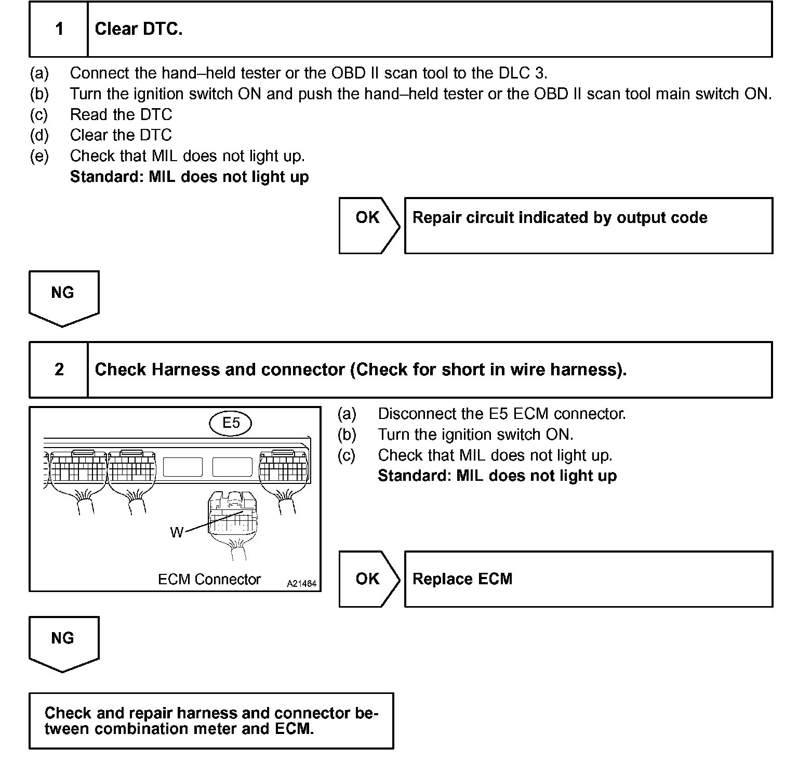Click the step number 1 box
point(59,29)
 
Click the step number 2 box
point(59,370)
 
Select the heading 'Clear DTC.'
point(139,29)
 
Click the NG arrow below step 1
point(63,297)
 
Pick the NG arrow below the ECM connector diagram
point(63,643)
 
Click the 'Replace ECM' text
point(462,579)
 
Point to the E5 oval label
point(231,423)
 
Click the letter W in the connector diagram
point(177,532)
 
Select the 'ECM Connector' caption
point(209,580)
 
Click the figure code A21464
point(301,584)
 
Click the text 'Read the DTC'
point(121,114)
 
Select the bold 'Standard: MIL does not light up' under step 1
point(189,177)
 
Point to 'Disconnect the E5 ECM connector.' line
point(501,414)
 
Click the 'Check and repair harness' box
point(211,720)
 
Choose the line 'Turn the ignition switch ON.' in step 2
point(475,435)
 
